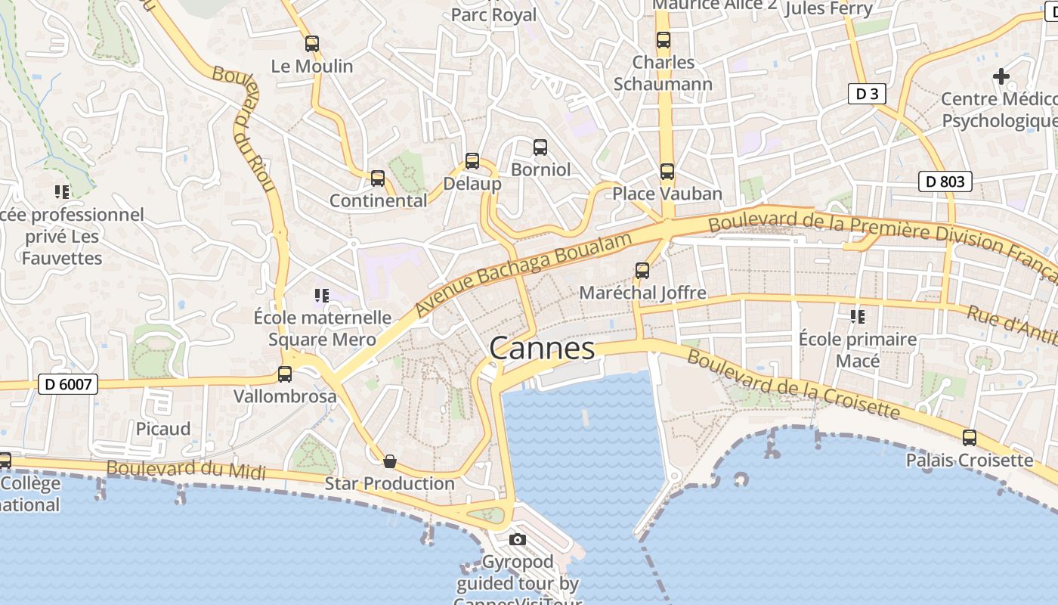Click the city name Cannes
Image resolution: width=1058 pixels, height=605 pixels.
click(542, 349)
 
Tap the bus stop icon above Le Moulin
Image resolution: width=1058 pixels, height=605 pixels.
click(312, 44)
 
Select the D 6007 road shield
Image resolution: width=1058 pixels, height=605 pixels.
click(68, 384)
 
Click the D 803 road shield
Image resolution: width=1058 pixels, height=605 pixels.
click(945, 181)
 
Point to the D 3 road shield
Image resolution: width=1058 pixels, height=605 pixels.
click(867, 94)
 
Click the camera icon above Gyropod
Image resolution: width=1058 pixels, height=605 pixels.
click(518, 539)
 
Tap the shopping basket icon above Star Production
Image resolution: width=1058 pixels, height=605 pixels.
click(390, 461)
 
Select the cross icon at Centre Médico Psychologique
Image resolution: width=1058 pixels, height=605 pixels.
click(1001, 76)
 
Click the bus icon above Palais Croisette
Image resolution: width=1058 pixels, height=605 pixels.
click(970, 437)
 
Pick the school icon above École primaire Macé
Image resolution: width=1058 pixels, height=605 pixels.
click(857, 316)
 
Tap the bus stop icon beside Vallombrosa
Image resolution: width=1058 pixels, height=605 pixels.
click(285, 374)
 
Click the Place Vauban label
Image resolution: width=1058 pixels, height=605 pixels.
click(667, 194)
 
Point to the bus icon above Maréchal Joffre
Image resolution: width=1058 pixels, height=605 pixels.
click(642, 270)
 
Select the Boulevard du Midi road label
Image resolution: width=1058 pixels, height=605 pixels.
click(186, 470)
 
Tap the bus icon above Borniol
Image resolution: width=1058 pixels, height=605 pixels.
click(540, 147)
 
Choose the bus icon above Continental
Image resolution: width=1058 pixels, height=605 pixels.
click(378, 178)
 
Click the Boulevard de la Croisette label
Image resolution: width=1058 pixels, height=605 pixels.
click(793, 385)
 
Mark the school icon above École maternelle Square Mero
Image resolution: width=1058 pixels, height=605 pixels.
click(322, 295)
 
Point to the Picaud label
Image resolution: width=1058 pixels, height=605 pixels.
click(163, 429)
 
